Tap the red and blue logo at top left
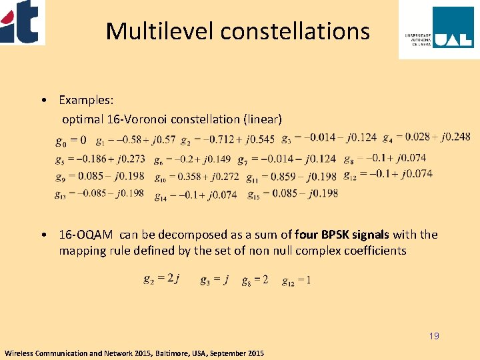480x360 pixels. [21, 21]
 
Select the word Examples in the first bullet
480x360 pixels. [86, 100]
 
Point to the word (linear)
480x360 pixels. [263, 119]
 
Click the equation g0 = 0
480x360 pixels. [71, 140]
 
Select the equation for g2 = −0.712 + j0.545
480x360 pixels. [227, 139]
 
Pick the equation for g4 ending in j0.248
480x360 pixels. [427, 137]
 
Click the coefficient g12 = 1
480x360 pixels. [296, 280]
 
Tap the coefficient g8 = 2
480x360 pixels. [255, 279]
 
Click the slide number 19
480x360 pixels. [434, 336]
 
